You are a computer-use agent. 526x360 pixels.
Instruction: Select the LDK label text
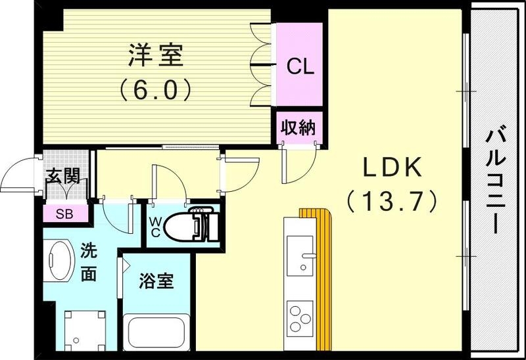pyautogui.click(x=393, y=169)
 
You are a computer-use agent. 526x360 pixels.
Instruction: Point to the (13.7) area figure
pyautogui.click(x=393, y=200)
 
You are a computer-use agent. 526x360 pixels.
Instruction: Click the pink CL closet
pyautogui.click(x=299, y=66)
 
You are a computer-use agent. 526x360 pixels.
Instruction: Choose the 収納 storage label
pyautogui.click(x=299, y=127)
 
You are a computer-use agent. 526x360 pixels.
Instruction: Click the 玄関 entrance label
pyautogui.click(x=63, y=176)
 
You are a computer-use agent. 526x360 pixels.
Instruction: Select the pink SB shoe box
pyautogui.click(x=64, y=214)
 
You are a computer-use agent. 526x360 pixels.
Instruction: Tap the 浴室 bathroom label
pyautogui.click(x=156, y=281)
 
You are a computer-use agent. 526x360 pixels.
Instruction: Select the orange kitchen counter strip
pyautogui.click(x=323, y=276)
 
